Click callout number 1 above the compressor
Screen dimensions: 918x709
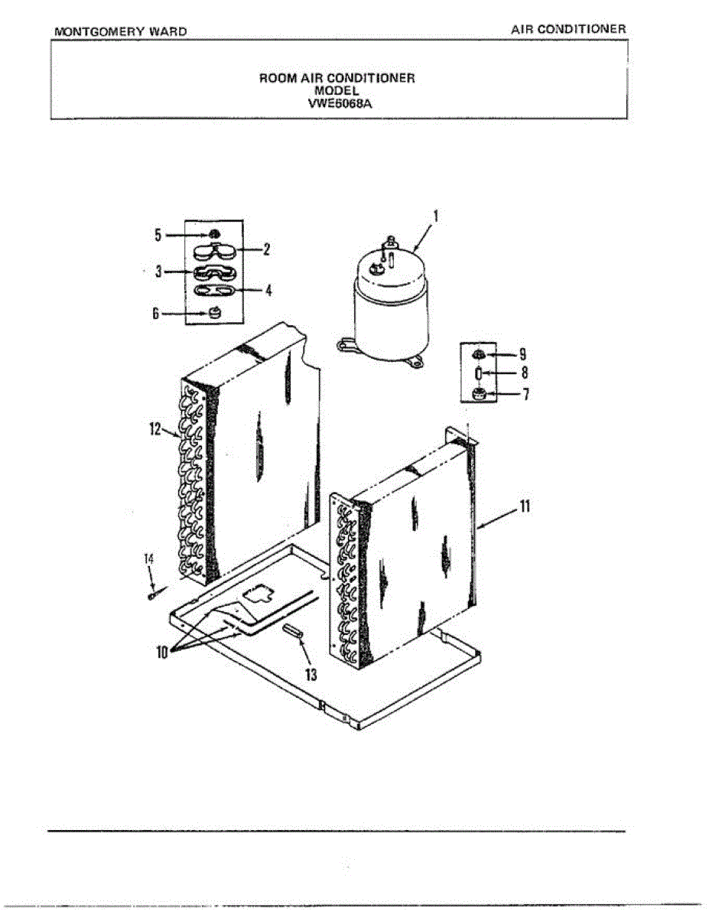click(436, 217)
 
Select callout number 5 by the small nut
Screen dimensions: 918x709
click(158, 235)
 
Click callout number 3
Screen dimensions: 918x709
click(158, 271)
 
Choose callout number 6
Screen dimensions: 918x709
click(158, 314)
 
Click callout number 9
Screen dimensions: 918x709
click(522, 354)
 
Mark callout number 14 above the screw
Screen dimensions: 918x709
click(150, 561)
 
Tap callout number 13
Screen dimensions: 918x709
click(311, 674)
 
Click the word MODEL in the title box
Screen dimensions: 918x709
click(337, 89)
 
